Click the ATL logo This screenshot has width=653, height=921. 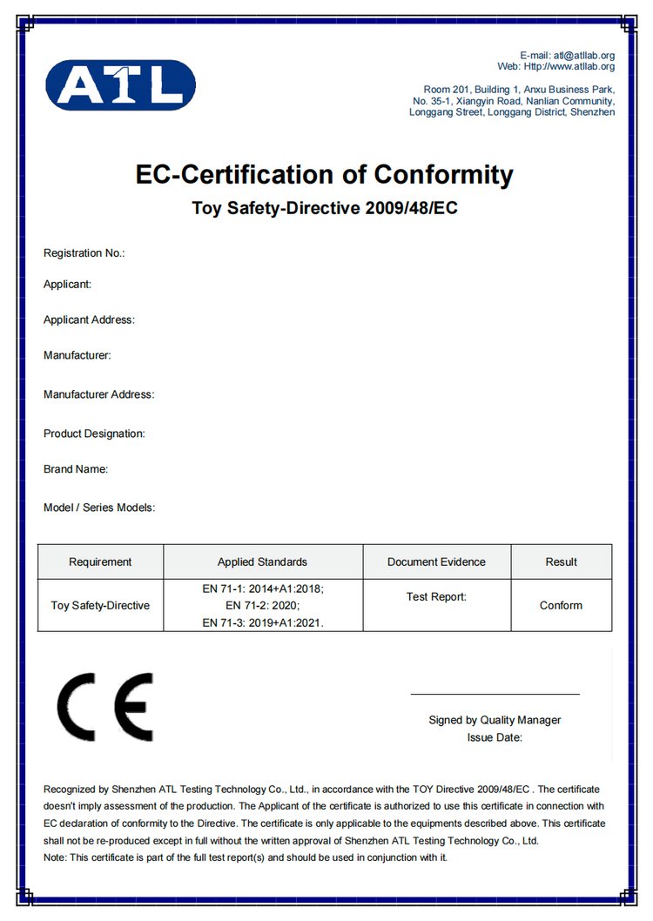(120, 84)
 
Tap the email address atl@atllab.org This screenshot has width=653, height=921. (583, 56)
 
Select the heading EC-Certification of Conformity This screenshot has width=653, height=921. (324, 174)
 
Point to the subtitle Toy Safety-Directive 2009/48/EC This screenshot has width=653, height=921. (324, 209)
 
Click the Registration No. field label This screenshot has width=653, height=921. (84, 253)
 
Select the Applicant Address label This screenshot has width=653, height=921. (89, 319)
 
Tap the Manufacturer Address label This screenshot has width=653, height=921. (98, 394)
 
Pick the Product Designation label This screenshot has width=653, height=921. (94, 434)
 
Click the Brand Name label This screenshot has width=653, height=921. (76, 469)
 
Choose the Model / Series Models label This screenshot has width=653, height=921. (99, 508)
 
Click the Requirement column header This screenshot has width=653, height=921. (100, 561)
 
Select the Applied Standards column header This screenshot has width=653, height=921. (262, 561)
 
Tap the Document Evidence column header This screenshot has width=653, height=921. (436, 561)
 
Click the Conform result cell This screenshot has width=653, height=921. (561, 605)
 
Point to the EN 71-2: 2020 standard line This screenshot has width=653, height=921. (262, 605)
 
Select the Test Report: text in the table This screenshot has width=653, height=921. (436, 596)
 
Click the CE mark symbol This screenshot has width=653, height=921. (104, 706)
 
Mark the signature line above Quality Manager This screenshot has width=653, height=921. (495, 694)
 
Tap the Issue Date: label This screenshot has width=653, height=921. (495, 737)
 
